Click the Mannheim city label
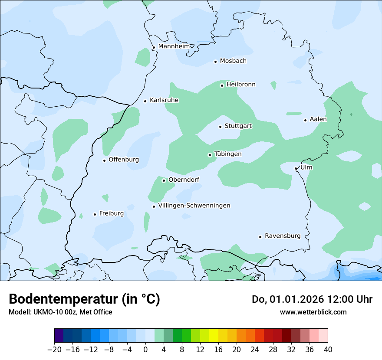tap(174, 46)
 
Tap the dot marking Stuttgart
tap(220, 127)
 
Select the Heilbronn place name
tap(241, 84)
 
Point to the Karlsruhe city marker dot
tap(145, 101)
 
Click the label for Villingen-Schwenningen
tap(194, 205)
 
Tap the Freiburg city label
tap(111, 213)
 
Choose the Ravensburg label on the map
tap(283, 236)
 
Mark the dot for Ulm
tap(296, 168)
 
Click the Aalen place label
tap(318, 119)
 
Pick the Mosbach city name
tap(233, 61)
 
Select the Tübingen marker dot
tap(210, 155)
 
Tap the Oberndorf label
tap(184, 180)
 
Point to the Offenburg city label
tap(124, 159)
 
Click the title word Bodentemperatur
tap(63, 299)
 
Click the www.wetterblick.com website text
tap(313, 312)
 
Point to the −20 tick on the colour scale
tap(54, 349)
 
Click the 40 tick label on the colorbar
tap(328, 349)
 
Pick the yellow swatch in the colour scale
tap(214, 336)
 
